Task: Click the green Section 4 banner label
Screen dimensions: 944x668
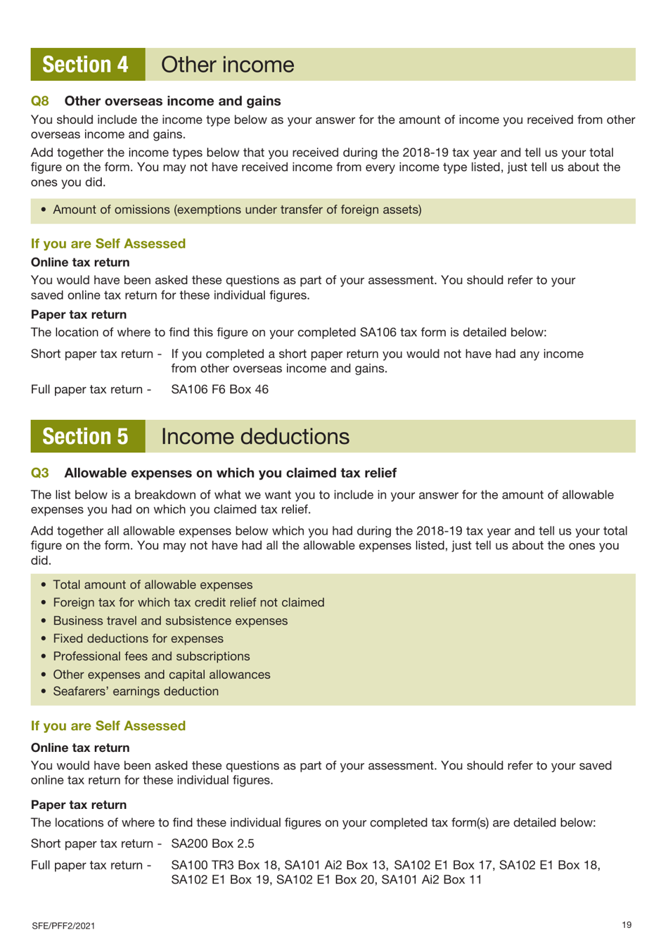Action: (x=86, y=65)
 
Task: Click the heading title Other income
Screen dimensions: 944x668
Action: (x=227, y=65)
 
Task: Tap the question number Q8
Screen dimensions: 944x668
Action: (x=40, y=101)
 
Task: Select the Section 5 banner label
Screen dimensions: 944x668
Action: (x=86, y=437)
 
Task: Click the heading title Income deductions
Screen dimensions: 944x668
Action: (x=255, y=437)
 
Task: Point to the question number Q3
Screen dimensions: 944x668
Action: (x=40, y=473)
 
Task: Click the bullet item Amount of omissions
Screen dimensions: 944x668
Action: (x=237, y=210)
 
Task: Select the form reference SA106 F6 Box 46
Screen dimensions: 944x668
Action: (x=219, y=390)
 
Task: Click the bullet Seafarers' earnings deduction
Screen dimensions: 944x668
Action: (x=136, y=691)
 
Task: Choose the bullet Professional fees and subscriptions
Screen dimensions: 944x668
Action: (x=151, y=656)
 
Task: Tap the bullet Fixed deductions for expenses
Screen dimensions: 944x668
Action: (x=138, y=639)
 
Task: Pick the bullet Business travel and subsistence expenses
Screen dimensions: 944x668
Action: (x=170, y=621)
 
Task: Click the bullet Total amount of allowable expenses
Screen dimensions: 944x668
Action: (x=153, y=585)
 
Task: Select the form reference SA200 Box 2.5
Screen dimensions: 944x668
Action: (x=212, y=843)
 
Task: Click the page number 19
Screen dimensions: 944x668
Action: (x=627, y=925)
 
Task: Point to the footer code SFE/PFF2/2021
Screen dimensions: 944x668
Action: (x=63, y=926)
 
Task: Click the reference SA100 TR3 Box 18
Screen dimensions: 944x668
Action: (x=224, y=865)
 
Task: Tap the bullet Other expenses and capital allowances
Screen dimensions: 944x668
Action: (x=162, y=675)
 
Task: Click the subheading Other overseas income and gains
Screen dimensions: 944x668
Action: (x=172, y=101)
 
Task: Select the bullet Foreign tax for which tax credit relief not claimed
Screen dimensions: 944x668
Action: (x=188, y=603)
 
